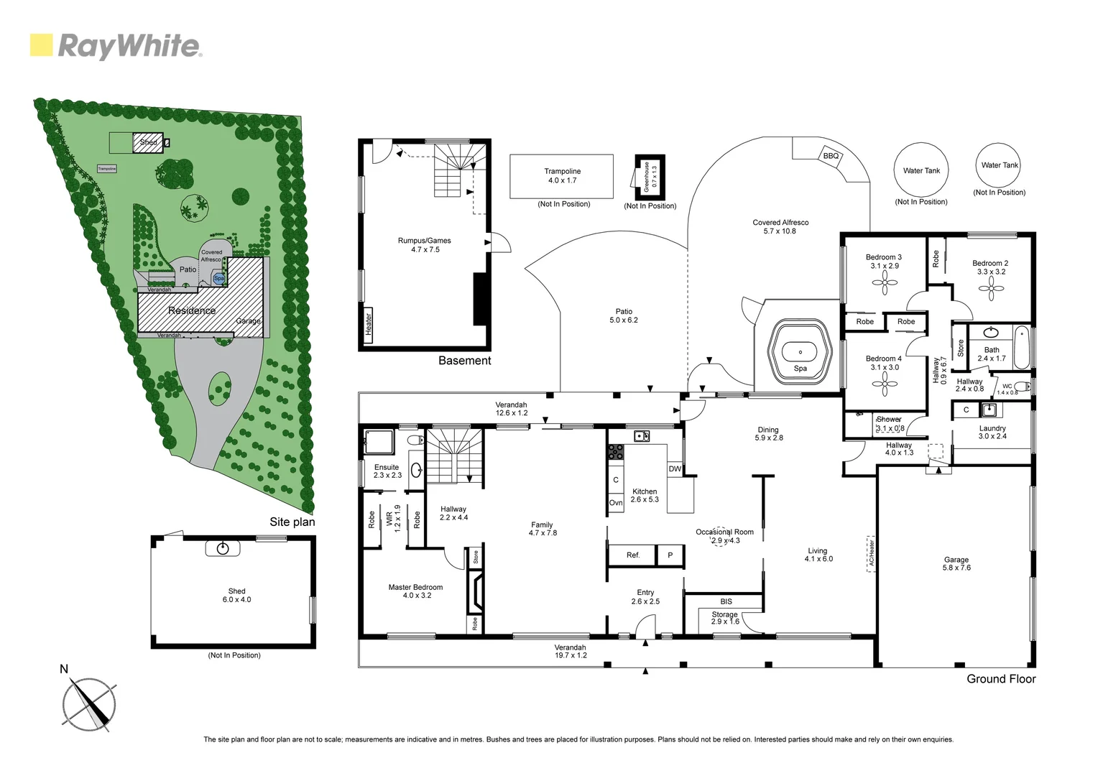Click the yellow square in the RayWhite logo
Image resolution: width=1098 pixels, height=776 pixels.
(x=41, y=45)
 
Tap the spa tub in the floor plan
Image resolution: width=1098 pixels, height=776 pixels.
(x=799, y=352)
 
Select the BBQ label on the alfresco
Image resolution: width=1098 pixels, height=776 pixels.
(x=831, y=156)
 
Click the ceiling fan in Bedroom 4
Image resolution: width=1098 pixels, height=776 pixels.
(x=884, y=384)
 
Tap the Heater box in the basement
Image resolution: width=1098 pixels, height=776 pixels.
(x=369, y=325)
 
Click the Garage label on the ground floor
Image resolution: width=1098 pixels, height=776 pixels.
(x=956, y=560)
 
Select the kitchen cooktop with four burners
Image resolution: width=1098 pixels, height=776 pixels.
(x=616, y=452)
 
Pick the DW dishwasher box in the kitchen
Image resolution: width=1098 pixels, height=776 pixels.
(x=675, y=469)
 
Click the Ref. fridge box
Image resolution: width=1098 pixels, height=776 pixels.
(x=633, y=555)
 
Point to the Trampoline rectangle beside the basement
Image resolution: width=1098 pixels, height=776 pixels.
(x=561, y=176)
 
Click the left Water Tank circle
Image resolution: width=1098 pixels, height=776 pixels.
(x=921, y=170)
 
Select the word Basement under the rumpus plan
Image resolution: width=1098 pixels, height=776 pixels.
(x=465, y=361)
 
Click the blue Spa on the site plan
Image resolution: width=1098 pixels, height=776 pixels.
(x=218, y=277)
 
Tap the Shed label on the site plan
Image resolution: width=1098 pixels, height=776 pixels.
(x=148, y=142)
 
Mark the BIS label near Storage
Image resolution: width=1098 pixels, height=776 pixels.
(x=726, y=601)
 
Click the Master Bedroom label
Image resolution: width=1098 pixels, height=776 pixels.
(x=415, y=587)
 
